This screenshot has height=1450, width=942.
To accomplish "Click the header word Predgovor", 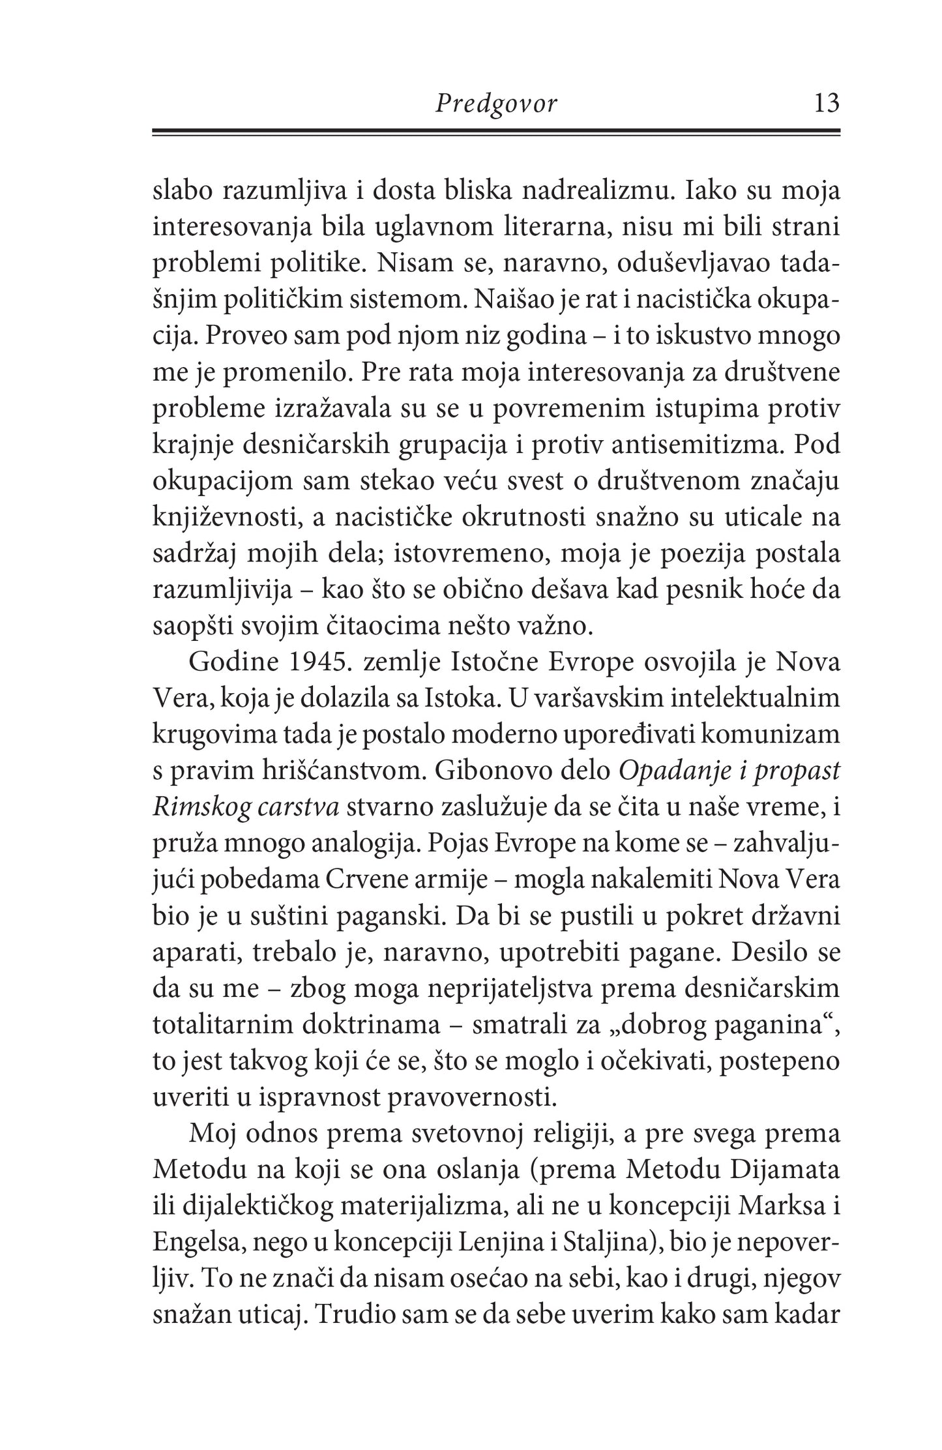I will [496, 104].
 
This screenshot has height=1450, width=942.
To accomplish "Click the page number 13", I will [825, 103].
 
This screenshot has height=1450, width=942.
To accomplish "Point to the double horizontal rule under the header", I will [496, 132].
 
